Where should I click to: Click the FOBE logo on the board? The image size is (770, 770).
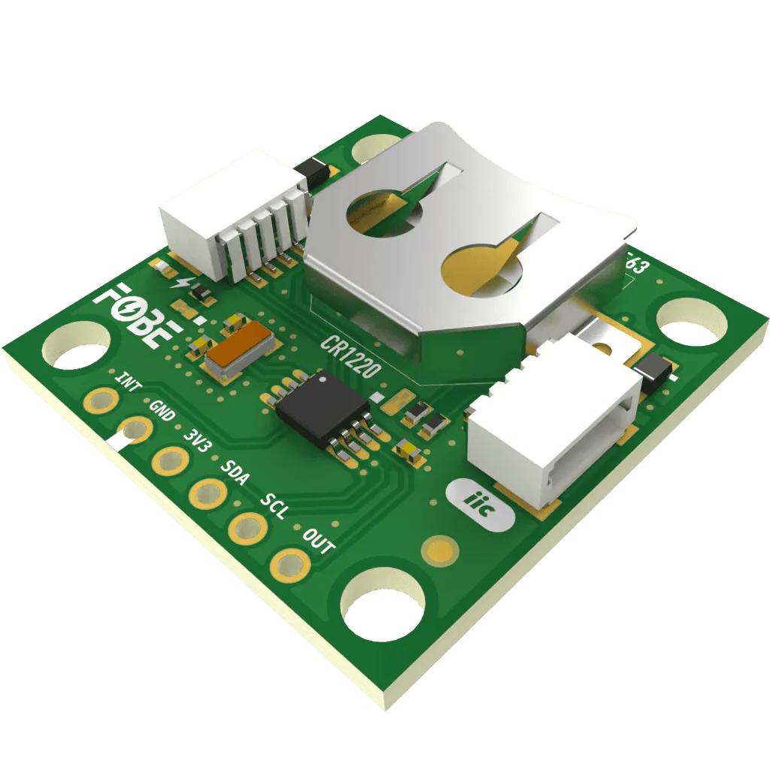pos(139,315)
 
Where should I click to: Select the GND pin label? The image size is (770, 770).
pos(162,413)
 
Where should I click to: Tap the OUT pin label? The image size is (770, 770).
pos(317,541)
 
